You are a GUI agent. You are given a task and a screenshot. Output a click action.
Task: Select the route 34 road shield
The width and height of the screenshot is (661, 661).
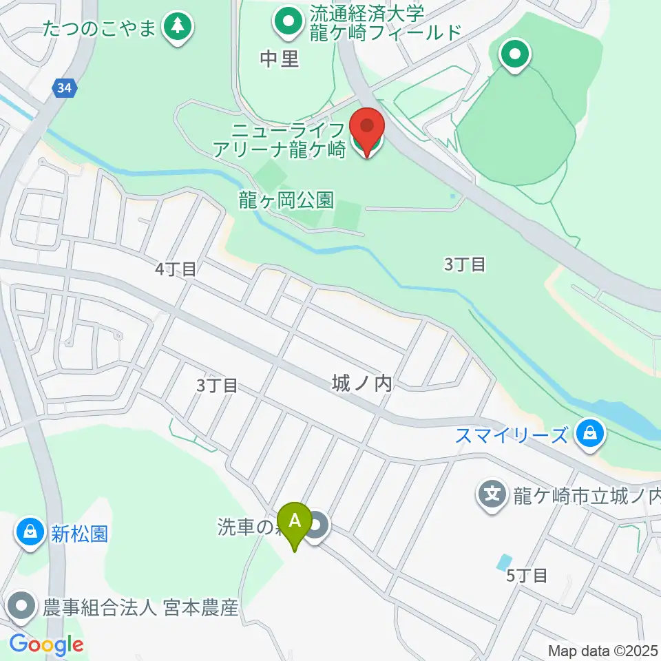pos(63,87)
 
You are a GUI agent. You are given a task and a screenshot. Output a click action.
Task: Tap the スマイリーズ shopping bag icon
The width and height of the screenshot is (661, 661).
pos(590,434)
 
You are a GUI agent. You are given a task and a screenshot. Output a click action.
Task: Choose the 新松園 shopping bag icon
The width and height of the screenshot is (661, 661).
pos(30,532)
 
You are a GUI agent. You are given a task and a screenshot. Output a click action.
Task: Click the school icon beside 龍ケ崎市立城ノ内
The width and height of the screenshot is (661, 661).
pos(492,494)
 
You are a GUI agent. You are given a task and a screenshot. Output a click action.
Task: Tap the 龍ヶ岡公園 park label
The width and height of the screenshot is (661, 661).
pos(286,200)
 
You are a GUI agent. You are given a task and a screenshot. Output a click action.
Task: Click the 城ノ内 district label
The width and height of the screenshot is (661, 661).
pos(361,383)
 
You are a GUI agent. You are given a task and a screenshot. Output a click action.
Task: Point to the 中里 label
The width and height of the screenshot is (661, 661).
pos(280,59)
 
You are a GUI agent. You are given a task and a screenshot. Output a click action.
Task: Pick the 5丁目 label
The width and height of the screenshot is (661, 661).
pos(527,575)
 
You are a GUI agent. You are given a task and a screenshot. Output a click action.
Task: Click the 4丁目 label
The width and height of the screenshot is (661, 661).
pos(176,269)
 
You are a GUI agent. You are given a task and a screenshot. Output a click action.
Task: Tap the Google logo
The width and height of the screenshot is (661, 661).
pos(46,645)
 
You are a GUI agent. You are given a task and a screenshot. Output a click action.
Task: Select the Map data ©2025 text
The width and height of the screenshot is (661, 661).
pos(603,651)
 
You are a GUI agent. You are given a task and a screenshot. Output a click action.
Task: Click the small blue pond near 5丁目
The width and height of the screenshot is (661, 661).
pos(505,562)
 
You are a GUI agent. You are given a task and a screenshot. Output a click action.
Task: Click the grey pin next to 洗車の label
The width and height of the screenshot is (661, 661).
pos(317,527)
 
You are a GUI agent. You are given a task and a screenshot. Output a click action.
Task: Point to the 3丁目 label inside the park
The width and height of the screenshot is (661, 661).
pos(465,264)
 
